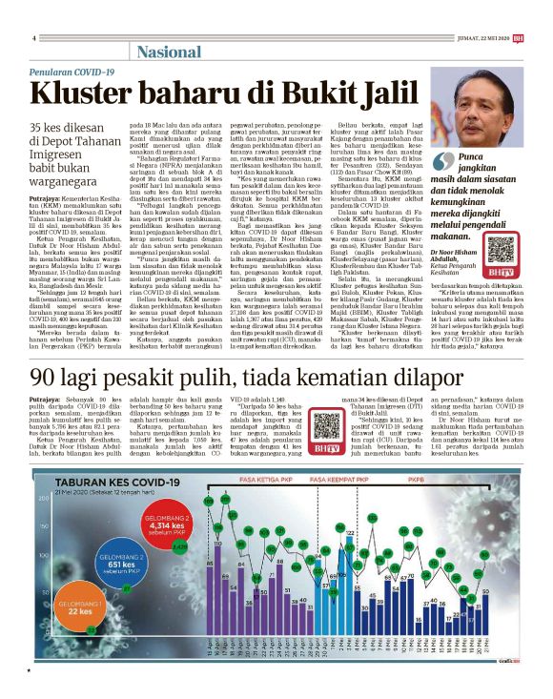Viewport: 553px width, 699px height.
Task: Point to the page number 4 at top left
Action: pos(33,38)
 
